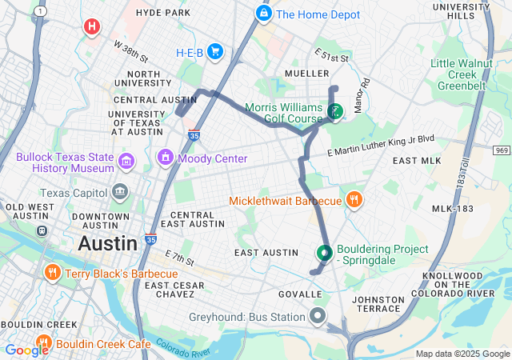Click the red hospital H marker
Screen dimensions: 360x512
[92, 26]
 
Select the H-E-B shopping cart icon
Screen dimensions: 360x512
[214, 52]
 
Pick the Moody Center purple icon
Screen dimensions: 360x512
[166, 158]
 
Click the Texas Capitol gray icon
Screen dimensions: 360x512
[120, 192]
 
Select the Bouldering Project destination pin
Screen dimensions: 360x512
[324, 253]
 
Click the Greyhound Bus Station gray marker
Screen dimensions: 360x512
[318, 316]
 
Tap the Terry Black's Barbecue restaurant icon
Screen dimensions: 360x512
[52, 274]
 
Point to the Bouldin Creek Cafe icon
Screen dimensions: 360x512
[42, 343]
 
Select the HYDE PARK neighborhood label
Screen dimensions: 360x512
[163, 13]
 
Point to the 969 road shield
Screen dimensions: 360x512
[502, 150]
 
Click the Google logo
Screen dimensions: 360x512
[26, 350]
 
